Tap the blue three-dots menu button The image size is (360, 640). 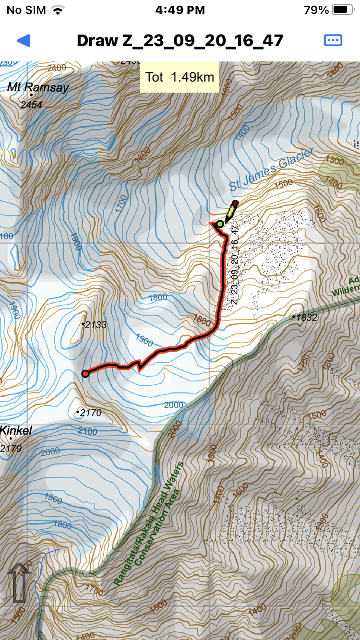click(333, 40)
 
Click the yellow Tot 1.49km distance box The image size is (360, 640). click(180, 77)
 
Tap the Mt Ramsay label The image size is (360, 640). click(38, 87)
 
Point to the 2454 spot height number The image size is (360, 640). click(32, 105)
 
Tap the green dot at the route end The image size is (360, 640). click(220, 224)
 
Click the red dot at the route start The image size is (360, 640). click(85, 374)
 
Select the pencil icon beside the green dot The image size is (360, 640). click(230, 211)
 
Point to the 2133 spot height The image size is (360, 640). click(95, 325)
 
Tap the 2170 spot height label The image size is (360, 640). click(90, 412)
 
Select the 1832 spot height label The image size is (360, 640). click(307, 317)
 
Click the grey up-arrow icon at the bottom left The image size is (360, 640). click(19, 582)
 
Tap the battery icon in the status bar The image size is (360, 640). click(342, 10)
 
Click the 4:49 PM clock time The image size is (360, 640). click(180, 10)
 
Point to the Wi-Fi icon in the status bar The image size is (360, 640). click(58, 10)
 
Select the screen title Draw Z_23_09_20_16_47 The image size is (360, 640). click(180, 40)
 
